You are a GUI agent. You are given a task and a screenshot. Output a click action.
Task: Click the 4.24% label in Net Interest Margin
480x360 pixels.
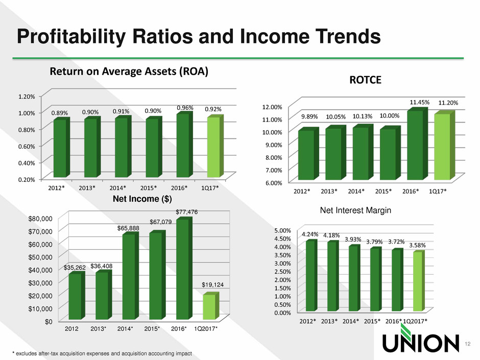pyautogui.click(x=310, y=234)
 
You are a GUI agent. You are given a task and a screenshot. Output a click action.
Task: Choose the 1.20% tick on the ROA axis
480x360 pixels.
pyautogui.click(x=27, y=96)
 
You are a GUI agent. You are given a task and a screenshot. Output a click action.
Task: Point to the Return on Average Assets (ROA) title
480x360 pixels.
pyautogui.click(x=129, y=73)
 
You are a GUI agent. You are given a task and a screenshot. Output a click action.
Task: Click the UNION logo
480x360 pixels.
pyautogui.click(x=417, y=344)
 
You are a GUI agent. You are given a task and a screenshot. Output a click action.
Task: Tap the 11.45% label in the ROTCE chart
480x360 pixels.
pyautogui.click(x=419, y=102)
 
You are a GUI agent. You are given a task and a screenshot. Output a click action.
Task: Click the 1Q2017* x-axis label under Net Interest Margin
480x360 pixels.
pyautogui.click(x=415, y=320)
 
